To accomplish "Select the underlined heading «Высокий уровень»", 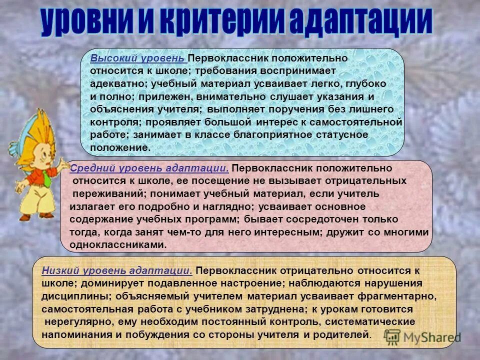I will point(138,58).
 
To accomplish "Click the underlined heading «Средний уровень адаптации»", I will point(149,168).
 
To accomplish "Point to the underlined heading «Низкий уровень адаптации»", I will point(117,270).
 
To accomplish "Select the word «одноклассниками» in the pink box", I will point(118,245).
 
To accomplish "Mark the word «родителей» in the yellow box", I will point(345,334).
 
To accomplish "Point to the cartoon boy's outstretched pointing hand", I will point(64,163).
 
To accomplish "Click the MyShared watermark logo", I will point(422,336).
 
